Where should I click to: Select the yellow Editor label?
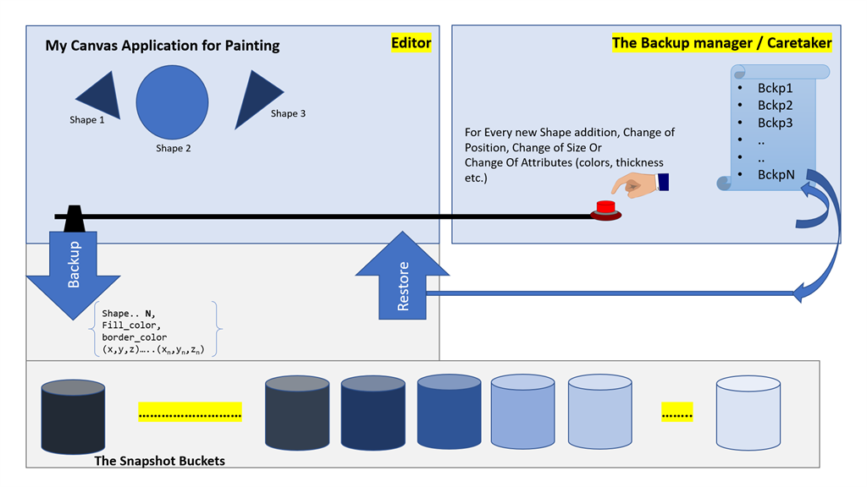coord(411,43)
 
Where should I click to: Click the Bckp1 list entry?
coord(775,88)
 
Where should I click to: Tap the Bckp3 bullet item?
coord(775,123)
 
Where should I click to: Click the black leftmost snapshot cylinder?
coord(73,417)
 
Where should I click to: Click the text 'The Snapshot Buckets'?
coord(159,461)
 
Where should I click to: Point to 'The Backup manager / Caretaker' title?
coord(721,43)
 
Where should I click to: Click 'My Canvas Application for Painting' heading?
coord(163,45)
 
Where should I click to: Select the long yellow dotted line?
coord(190,413)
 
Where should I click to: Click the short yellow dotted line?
coord(676,413)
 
